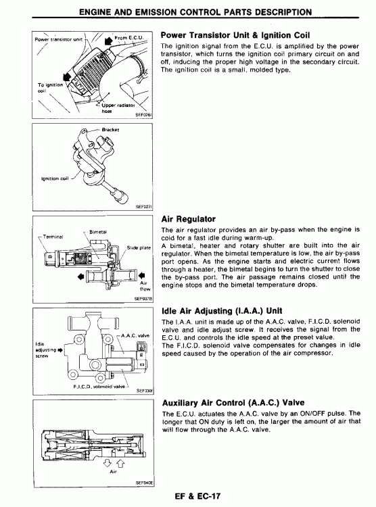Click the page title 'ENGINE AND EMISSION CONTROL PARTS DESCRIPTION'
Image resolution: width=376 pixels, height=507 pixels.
point(195,12)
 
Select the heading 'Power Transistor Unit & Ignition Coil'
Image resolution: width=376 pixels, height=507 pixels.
point(235,35)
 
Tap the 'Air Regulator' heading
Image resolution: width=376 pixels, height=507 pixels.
point(188,219)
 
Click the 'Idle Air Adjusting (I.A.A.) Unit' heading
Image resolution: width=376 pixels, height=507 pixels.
point(222,311)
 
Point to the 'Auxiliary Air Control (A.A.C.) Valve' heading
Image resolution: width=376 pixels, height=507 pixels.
point(233,403)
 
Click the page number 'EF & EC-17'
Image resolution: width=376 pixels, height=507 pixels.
point(197,496)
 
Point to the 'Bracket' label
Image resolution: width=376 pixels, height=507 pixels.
point(110,130)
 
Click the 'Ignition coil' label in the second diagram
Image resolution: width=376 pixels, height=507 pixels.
point(55,178)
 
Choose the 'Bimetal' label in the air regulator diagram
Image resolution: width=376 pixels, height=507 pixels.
point(98,232)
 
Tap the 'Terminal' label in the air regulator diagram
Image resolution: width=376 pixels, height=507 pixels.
point(53,237)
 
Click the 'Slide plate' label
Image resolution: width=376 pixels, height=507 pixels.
point(139,247)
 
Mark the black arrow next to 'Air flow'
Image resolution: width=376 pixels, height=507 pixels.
point(142,276)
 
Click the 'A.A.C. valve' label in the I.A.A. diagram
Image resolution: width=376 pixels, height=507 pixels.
point(135,335)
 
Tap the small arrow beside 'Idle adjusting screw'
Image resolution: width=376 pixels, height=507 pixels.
point(60,350)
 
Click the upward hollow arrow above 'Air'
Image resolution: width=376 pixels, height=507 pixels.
point(120,463)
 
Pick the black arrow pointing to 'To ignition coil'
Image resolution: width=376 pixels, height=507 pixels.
point(68,77)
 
